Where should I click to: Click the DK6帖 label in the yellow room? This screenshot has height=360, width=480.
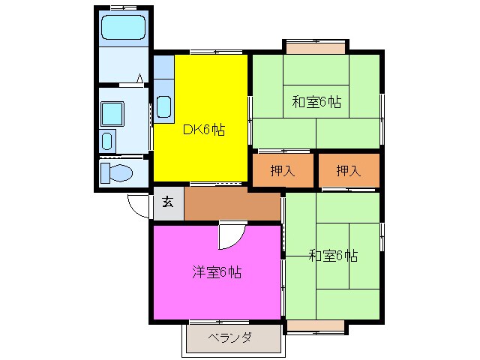coord(202,129)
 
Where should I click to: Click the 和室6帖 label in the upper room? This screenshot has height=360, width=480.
coord(316,101)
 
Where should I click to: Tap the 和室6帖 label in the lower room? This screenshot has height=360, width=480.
coord(333,256)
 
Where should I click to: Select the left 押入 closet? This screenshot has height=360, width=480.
coord(283,170)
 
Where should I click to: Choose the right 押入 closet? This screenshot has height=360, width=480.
coord(348,170)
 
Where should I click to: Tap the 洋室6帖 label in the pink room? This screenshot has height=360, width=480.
coord(216,271)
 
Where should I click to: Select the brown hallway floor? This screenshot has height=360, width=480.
coord(232,204)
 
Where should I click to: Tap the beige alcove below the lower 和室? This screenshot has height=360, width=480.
coord(315,325)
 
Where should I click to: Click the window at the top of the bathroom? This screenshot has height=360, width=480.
coord(123,7)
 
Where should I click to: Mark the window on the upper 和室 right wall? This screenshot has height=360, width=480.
coord(382,109)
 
